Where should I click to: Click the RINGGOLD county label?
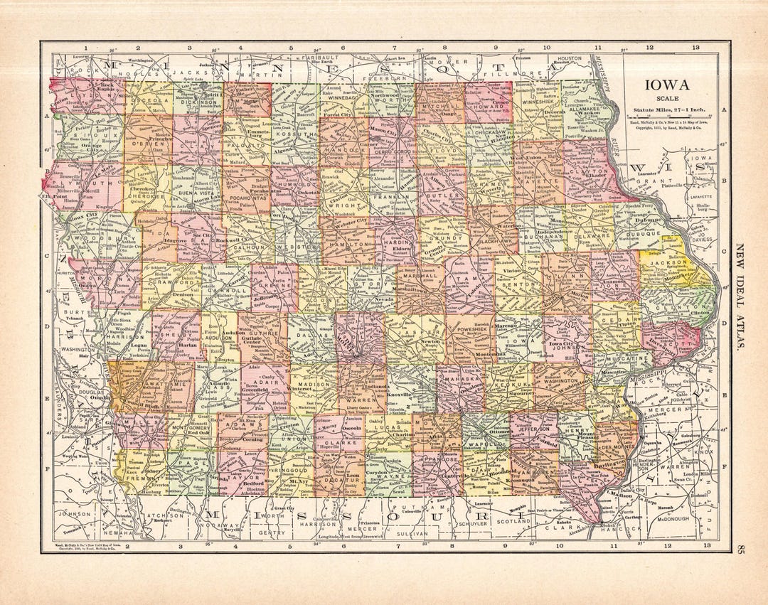click(293, 469)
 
